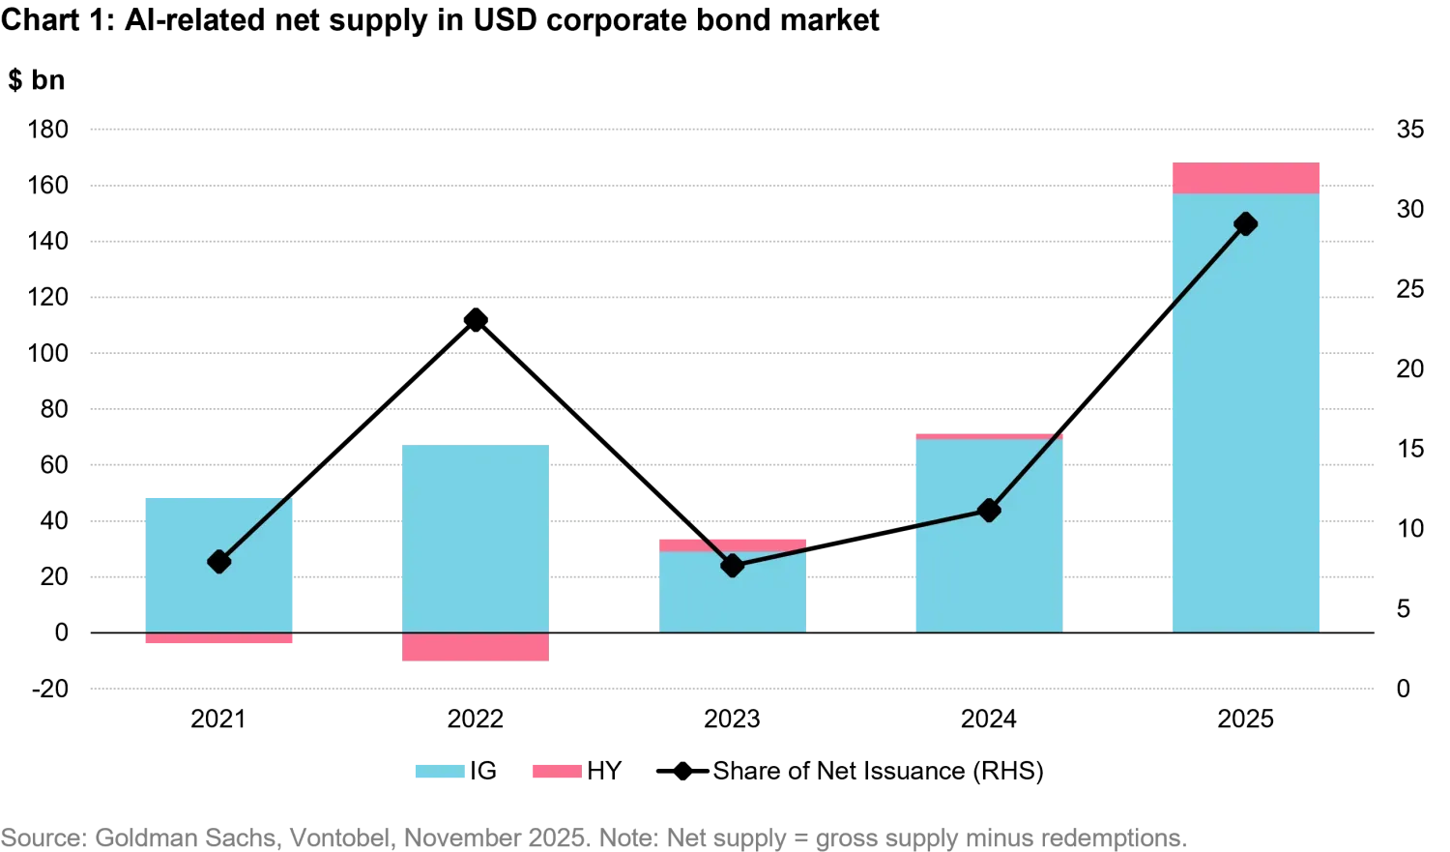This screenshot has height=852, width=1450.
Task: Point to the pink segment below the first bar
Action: (x=217, y=640)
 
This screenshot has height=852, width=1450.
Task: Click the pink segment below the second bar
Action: (x=476, y=648)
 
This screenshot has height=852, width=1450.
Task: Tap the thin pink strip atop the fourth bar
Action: (x=989, y=437)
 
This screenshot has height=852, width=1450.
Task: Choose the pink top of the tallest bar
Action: (x=1245, y=178)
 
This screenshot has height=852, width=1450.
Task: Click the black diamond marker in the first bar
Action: (x=219, y=561)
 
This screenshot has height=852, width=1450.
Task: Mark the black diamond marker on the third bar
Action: (x=733, y=566)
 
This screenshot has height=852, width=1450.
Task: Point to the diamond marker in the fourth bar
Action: (x=989, y=510)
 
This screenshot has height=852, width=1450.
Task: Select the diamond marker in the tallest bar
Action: (x=1246, y=224)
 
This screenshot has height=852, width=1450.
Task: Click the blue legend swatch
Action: (x=440, y=771)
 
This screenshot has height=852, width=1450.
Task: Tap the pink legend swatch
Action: (x=556, y=771)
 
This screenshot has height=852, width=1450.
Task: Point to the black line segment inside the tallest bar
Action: (x=1208, y=269)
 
